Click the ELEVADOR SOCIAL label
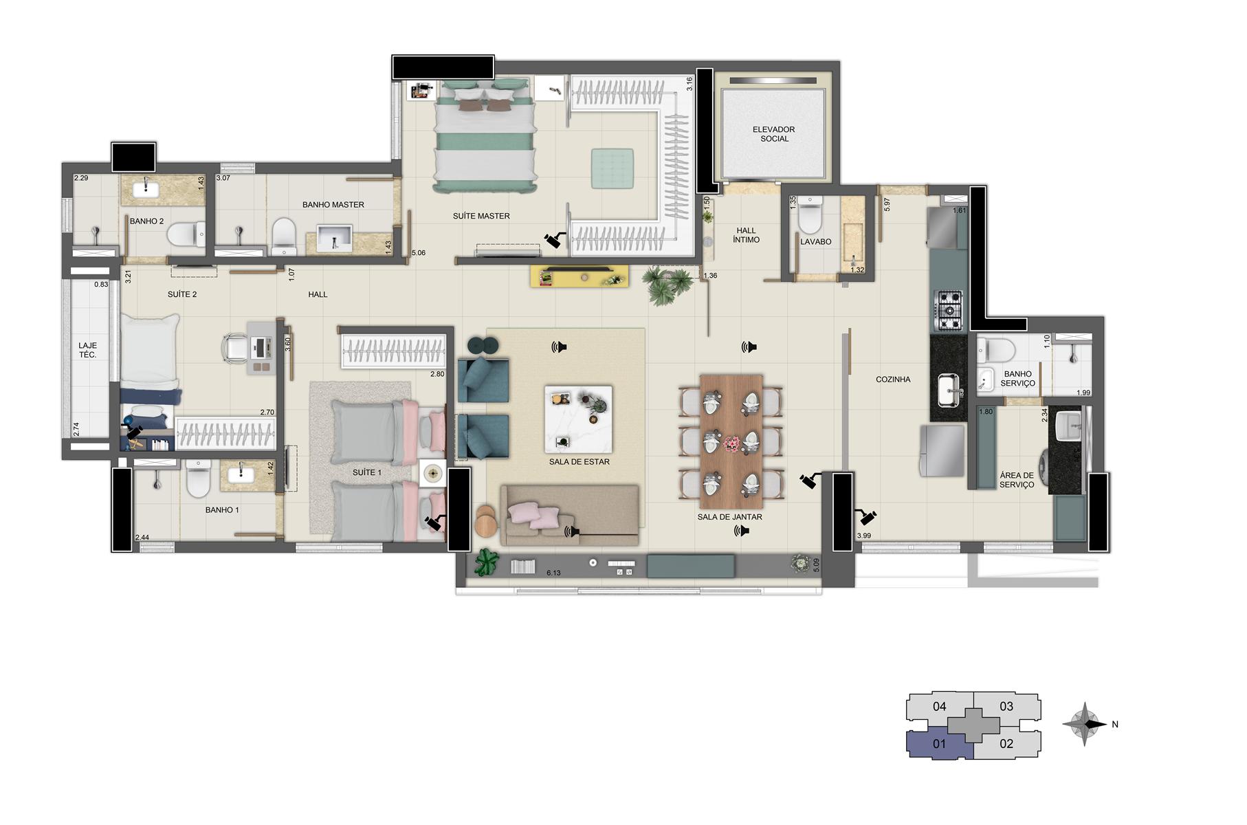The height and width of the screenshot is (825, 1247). click(x=773, y=134)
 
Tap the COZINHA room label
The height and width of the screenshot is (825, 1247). click(x=893, y=379)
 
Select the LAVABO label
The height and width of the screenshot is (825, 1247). click(x=815, y=242)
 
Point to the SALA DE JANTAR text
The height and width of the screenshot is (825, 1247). click(x=729, y=517)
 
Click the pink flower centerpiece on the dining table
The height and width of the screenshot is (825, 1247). click(x=731, y=444)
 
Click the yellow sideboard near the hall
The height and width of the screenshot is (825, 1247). click(x=580, y=276)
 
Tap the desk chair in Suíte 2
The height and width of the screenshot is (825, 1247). click(x=236, y=347)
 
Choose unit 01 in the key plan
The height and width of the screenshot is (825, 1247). click(x=939, y=744)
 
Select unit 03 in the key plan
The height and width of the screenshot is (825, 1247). click(x=1006, y=706)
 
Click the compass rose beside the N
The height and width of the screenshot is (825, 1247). click(x=1084, y=724)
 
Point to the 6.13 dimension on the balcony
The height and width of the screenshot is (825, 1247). click(x=553, y=573)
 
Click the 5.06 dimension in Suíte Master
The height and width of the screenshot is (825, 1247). click(x=418, y=253)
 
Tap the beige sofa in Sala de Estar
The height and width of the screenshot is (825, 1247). click(x=570, y=515)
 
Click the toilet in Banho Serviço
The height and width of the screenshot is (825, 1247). click(x=997, y=351)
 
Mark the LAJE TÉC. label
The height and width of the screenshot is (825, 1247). click(x=87, y=351)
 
